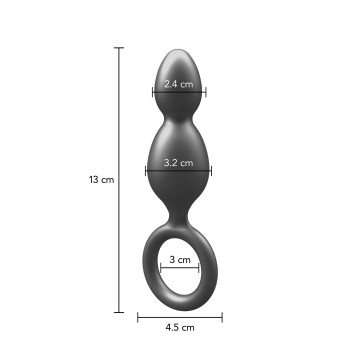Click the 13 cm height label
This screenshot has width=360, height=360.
[101, 180]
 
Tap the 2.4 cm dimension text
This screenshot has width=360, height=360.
[179, 84]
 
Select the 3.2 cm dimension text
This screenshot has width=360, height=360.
[179, 163]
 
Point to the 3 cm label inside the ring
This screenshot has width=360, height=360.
[180, 259]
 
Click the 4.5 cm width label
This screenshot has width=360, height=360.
[180, 327]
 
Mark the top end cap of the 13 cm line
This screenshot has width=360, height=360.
[119, 48]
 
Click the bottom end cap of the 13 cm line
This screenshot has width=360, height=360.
[119, 312]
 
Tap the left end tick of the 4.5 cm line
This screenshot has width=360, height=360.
[138, 317]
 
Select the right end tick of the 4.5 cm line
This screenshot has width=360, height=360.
[222, 317]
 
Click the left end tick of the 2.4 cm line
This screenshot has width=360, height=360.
[153, 92]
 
